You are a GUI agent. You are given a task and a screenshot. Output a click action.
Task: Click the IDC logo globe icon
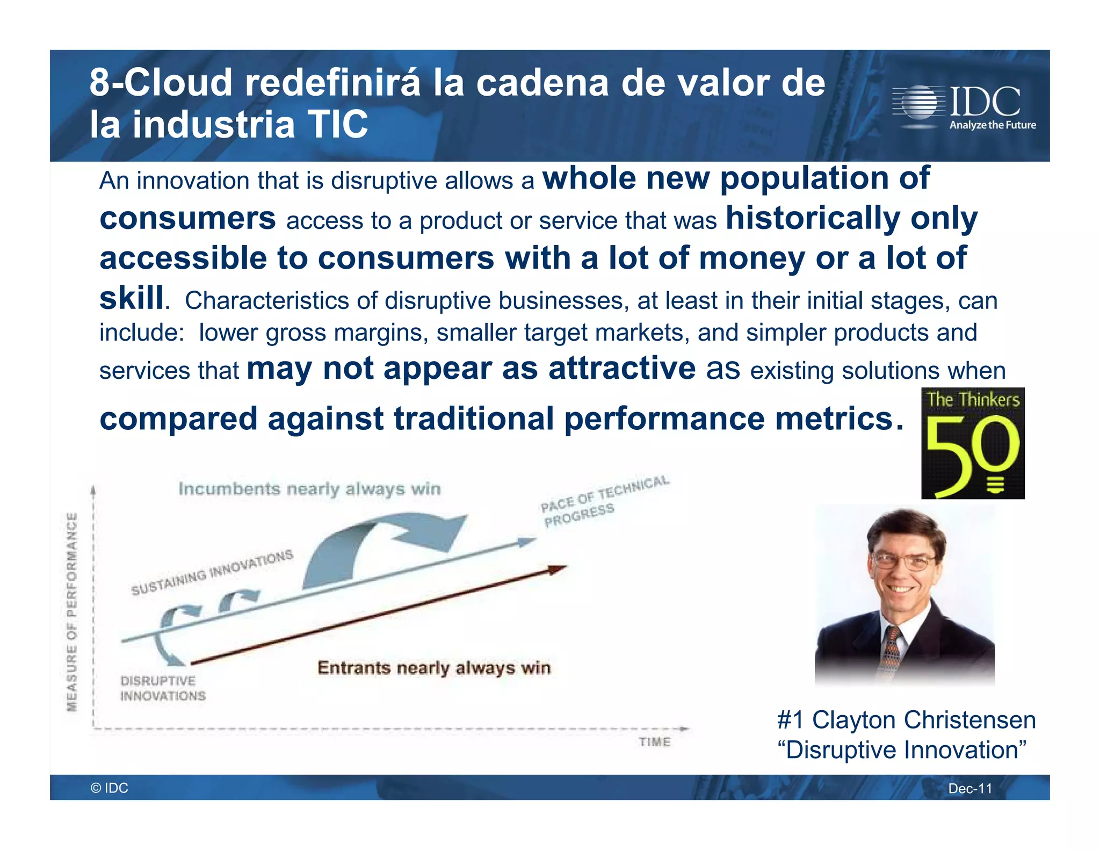[x=920, y=102]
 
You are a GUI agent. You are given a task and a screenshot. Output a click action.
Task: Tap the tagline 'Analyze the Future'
[x=992, y=125]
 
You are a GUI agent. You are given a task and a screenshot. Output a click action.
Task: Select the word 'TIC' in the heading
[x=337, y=125]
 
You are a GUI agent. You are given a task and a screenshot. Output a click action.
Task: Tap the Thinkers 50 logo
[x=972, y=443]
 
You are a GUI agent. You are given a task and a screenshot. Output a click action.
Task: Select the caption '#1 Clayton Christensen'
[x=906, y=720]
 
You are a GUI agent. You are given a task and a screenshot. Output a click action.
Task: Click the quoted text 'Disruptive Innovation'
[x=902, y=750]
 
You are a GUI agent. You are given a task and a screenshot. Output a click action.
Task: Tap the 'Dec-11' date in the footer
[x=970, y=788]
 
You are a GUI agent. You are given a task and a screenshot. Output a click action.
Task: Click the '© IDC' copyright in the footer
[x=110, y=788]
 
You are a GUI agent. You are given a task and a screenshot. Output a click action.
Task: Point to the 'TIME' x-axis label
[x=654, y=742]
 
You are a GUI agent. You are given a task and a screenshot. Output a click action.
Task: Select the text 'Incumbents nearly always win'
[x=309, y=489]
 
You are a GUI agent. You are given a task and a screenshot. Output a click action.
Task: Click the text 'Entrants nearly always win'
[x=434, y=668]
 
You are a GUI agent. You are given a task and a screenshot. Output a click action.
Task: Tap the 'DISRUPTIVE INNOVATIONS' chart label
[x=162, y=688]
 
